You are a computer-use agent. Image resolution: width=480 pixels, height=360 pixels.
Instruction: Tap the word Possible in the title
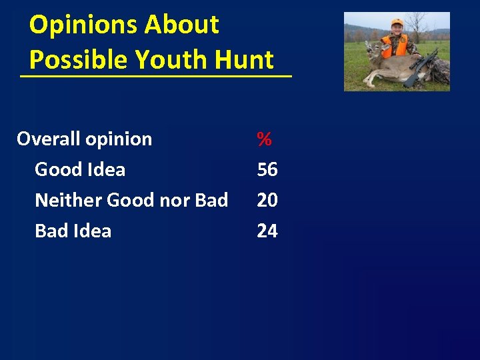tap(79, 60)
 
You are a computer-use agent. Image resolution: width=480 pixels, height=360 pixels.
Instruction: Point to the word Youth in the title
tap(171, 60)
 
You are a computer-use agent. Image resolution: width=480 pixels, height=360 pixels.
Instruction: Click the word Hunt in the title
tap(245, 60)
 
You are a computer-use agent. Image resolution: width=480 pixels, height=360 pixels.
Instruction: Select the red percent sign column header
tap(265, 139)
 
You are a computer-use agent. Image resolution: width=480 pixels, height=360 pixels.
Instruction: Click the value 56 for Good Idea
tap(267, 170)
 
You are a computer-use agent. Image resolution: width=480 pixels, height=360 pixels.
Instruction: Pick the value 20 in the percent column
tap(267, 200)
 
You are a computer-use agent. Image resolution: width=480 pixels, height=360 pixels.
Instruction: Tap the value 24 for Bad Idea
tap(267, 231)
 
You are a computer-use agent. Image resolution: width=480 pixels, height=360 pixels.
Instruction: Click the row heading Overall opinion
tap(84, 139)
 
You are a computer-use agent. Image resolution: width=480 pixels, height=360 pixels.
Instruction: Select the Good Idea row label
tap(80, 170)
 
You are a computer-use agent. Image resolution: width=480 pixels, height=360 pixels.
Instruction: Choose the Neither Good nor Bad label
tap(131, 200)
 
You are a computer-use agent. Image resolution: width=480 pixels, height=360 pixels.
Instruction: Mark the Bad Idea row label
tap(73, 231)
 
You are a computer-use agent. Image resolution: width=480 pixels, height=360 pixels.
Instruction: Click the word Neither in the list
tap(68, 200)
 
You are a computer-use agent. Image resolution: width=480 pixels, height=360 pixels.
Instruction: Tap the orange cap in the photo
tap(397, 23)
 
